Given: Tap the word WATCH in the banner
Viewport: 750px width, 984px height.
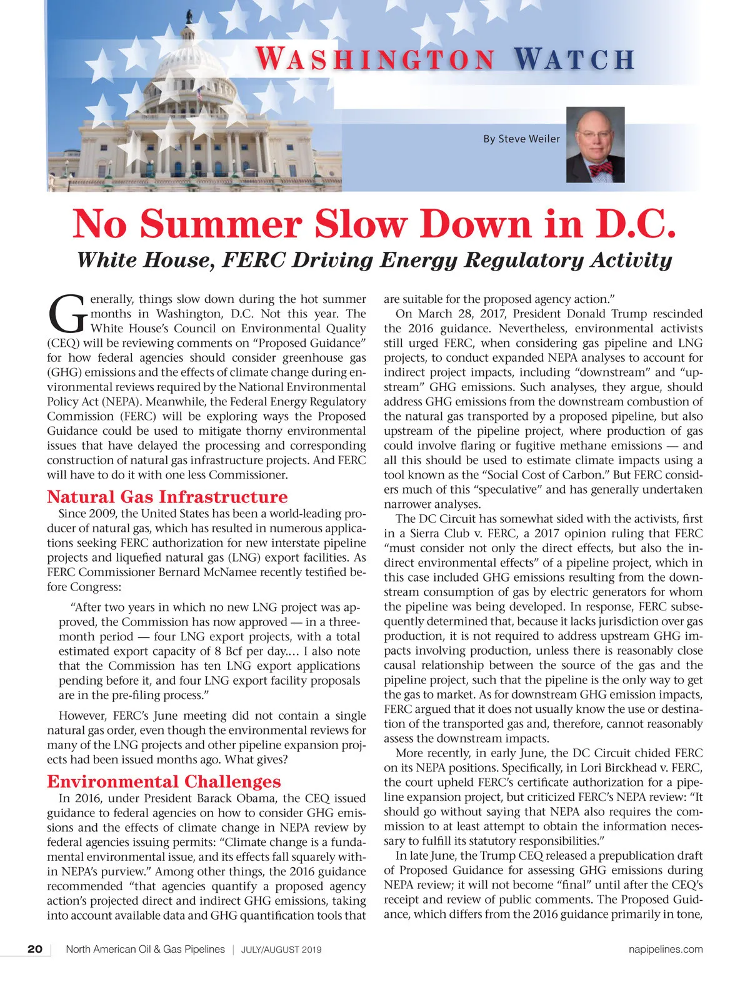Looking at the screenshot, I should (x=574, y=59).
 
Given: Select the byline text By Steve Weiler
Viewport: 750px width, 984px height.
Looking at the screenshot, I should (x=521, y=139).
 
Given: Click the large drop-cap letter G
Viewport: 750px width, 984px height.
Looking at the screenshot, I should (x=66, y=314).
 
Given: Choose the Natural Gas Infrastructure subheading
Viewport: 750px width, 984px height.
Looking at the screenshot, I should (x=167, y=497).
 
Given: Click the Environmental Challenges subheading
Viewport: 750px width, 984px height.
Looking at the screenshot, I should (x=164, y=782).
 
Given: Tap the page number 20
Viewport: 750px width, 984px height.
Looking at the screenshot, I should (x=35, y=949).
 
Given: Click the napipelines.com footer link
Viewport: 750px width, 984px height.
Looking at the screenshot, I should (x=665, y=949).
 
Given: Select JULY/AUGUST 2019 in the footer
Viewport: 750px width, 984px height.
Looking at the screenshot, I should (x=281, y=950).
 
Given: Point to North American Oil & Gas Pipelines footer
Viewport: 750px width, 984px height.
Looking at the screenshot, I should (x=145, y=949).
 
